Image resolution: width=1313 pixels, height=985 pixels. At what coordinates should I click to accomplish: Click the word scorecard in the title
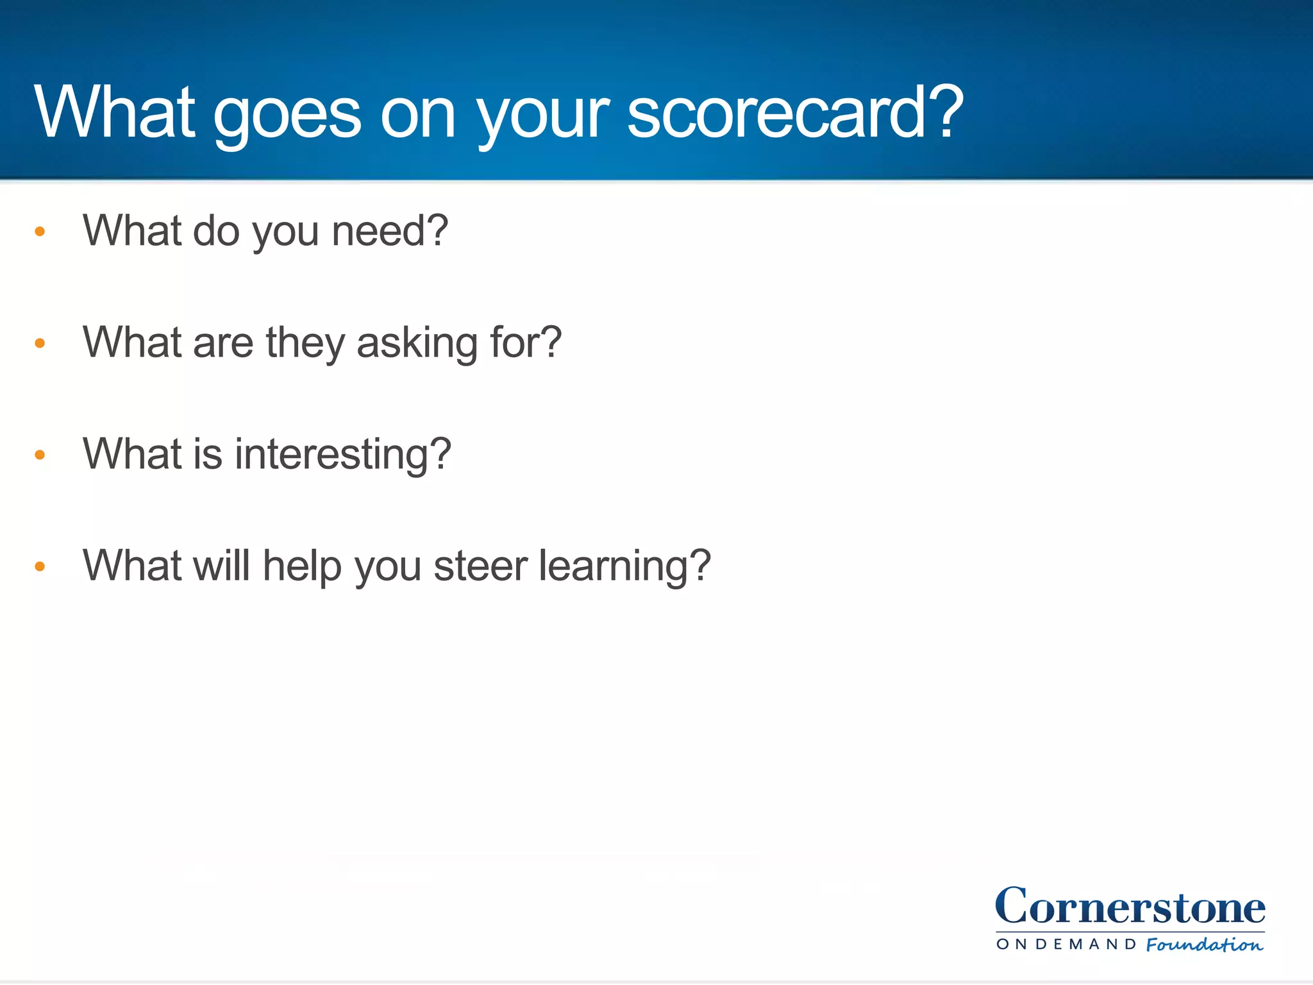point(776,114)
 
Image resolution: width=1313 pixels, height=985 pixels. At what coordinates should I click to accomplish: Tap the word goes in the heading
point(287,115)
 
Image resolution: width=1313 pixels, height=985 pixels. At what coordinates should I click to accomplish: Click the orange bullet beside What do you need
point(40,232)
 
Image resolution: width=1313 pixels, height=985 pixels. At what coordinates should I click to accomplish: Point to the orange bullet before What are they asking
point(40,343)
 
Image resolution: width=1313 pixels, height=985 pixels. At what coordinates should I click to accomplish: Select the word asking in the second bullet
point(417,343)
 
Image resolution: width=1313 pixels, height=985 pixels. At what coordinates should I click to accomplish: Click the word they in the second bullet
point(305,343)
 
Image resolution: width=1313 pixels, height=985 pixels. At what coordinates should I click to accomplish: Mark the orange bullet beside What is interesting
point(40,455)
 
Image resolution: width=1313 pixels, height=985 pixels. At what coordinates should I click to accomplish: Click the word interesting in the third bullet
point(333,455)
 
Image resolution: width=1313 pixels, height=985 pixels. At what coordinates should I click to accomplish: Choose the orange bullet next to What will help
point(40,566)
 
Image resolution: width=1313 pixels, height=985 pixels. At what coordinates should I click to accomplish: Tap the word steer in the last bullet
point(480,566)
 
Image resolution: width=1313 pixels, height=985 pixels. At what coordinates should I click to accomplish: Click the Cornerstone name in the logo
point(1130,907)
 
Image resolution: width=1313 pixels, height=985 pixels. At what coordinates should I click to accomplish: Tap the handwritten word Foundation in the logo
point(1204,945)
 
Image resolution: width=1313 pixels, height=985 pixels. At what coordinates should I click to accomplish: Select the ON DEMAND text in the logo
point(1066,945)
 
